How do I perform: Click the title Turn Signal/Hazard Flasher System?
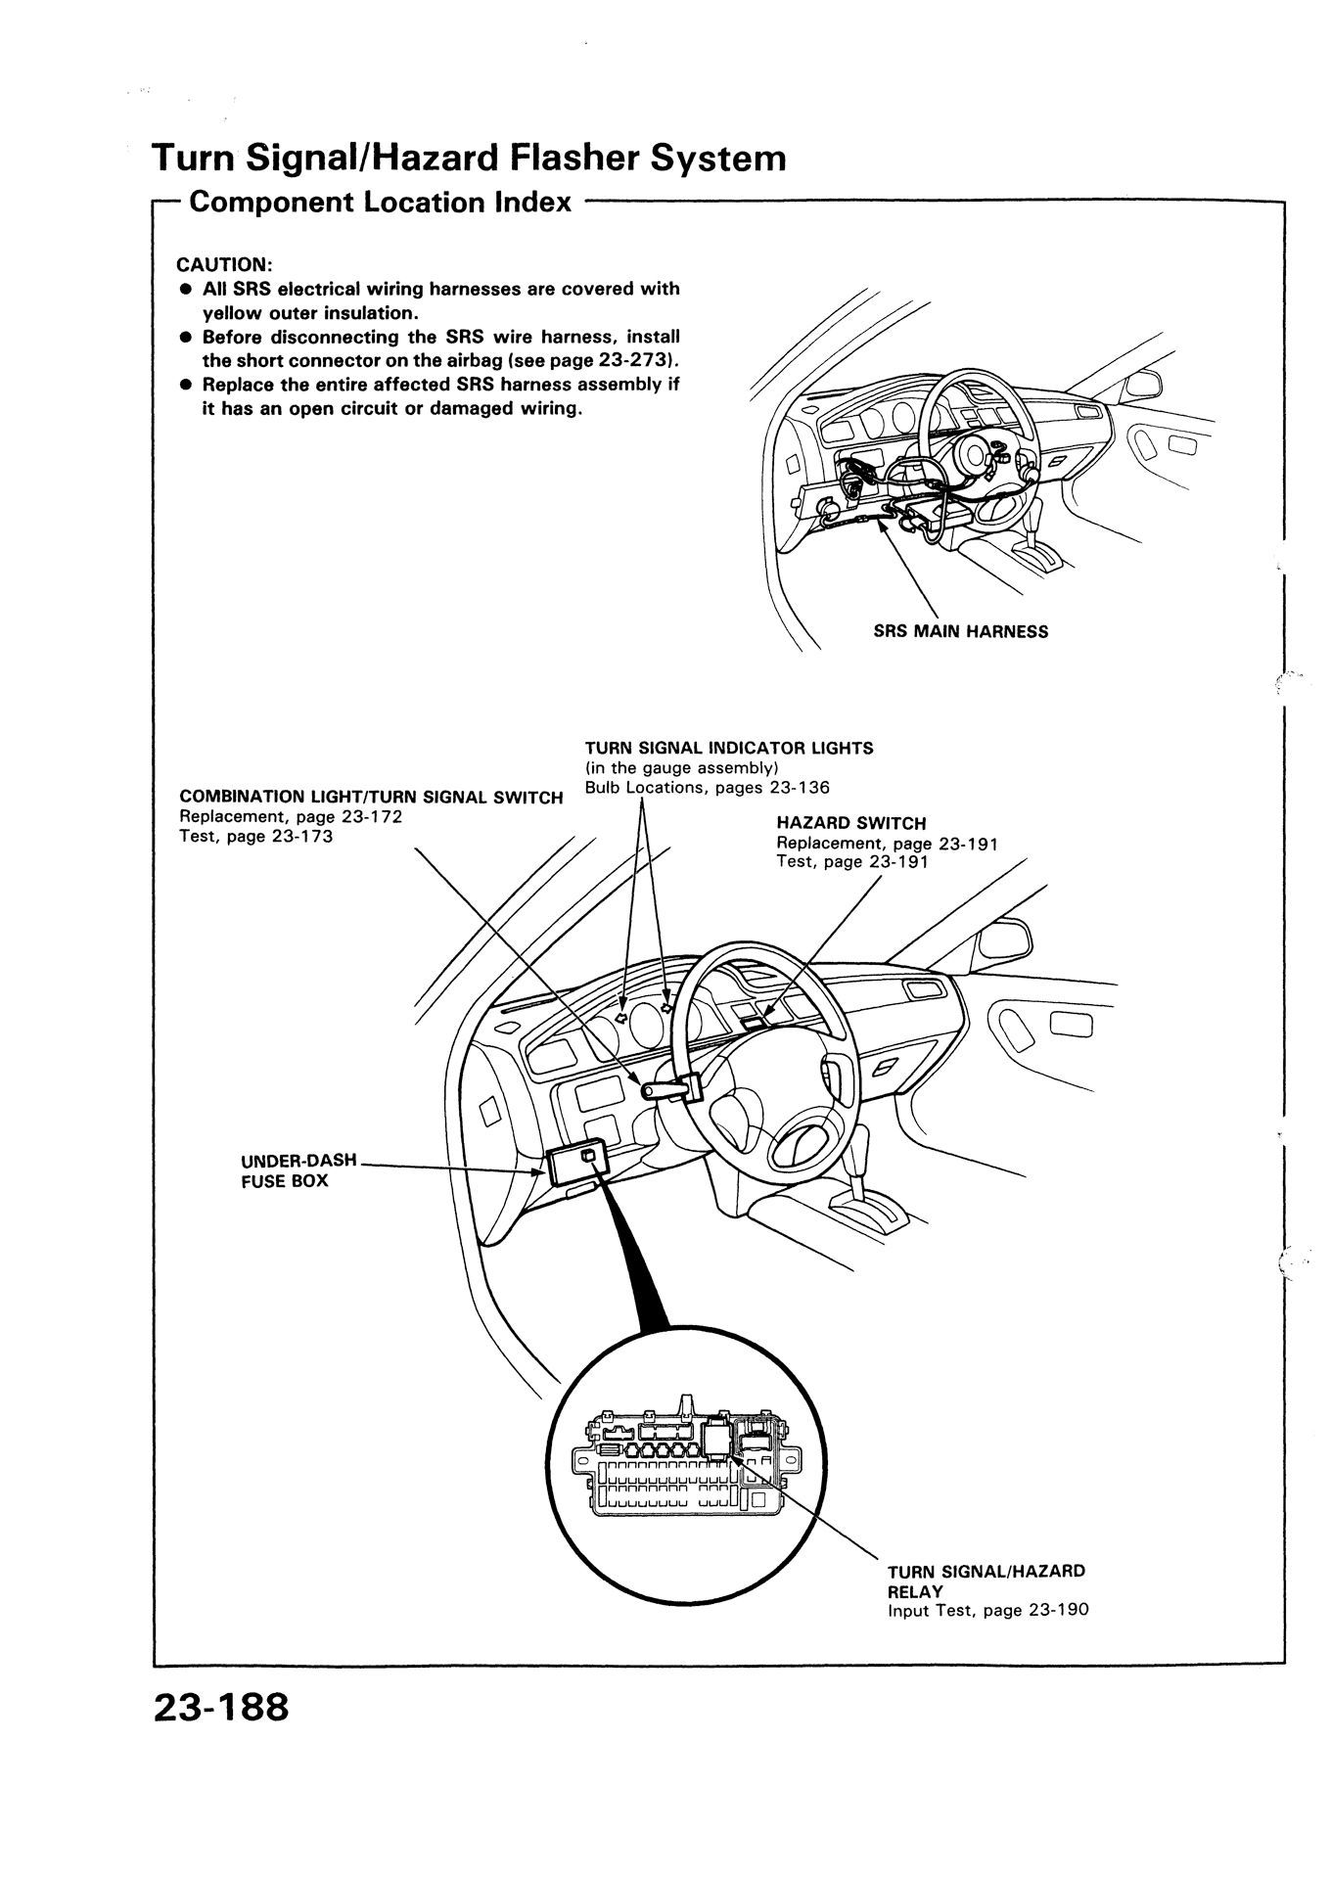(x=469, y=157)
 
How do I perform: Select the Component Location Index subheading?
(x=380, y=203)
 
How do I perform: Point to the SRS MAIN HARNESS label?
(x=960, y=631)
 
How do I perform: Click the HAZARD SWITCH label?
(x=850, y=823)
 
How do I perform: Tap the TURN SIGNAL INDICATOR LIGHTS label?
(x=729, y=748)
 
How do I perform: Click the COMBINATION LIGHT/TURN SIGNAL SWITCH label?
(x=371, y=797)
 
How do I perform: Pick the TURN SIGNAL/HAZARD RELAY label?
(x=986, y=1581)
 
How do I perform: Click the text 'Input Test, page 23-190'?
(x=987, y=1610)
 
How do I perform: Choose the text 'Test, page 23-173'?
(x=256, y=836)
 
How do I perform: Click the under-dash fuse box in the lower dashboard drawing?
(x=577, y=1164)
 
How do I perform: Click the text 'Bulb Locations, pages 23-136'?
(x=707, y=787)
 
